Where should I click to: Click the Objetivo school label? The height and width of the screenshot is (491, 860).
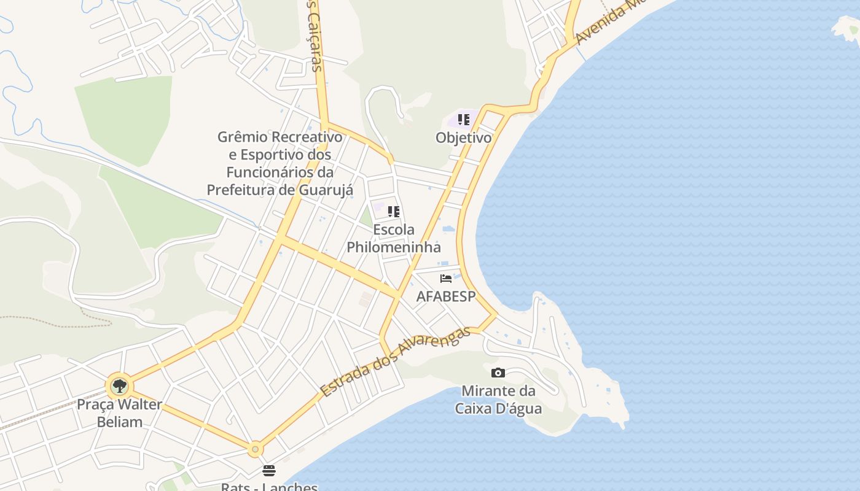(464, 137)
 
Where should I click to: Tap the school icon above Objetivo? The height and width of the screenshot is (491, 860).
(463, 119)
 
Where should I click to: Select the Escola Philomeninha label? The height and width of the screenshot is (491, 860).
(394, 238)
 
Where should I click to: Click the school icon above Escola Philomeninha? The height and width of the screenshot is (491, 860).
(394, 212)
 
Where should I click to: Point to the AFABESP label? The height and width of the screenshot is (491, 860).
(446, 296)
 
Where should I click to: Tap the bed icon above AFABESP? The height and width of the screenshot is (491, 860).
(446, 279)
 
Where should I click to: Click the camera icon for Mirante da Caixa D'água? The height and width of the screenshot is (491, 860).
(498, 373)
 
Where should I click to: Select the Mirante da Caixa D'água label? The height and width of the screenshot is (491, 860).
(498, 399)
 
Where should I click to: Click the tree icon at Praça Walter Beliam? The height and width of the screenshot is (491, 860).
(120, 386)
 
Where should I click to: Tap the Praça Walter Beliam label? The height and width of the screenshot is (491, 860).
(119, 413)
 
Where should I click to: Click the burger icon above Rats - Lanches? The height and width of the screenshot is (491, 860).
(269, 471)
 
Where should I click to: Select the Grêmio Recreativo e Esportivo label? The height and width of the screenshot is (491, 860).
(279, 163)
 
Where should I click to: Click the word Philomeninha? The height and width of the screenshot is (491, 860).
(394, 247)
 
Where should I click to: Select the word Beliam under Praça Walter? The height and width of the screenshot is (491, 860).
(119, 422)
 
